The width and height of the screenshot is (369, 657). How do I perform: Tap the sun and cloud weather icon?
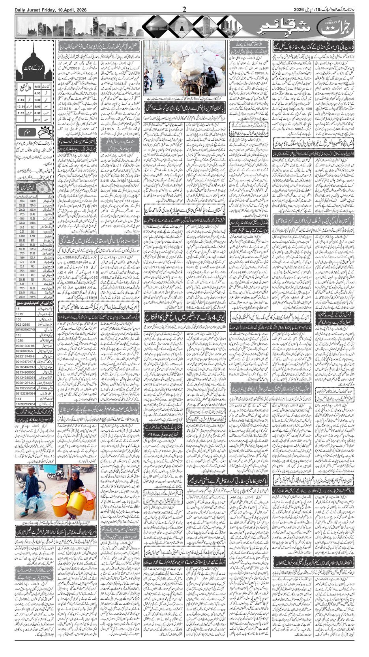click(47, 132)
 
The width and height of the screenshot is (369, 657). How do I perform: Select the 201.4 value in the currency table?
click(22, 200)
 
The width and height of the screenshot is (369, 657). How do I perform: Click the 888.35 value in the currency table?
click(22, 240)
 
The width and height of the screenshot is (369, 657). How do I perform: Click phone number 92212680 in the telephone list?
click(22, 324)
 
